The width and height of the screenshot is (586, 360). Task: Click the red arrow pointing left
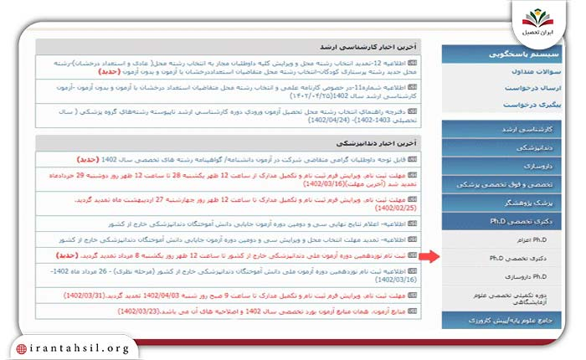point(427,256)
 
